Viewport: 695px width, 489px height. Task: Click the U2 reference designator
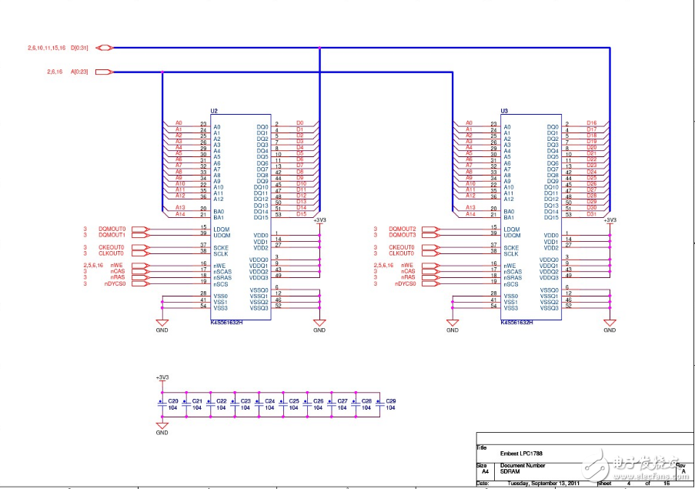point(215,111)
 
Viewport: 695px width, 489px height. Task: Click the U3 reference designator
point(504,111)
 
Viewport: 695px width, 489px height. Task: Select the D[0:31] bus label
point(79,48)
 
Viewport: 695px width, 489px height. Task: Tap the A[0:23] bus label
point(79,72)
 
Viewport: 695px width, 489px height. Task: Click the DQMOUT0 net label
point(112,229)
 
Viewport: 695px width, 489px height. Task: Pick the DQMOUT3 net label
point(403,235)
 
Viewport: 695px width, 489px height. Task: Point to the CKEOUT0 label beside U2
point(112,247)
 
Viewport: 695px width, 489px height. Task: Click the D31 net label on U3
point(592,214)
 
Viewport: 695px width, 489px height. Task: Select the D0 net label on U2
point(299,123)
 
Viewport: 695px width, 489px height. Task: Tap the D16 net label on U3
point(592,123)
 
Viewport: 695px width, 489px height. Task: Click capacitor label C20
point(173,401)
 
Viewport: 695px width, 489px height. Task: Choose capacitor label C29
point(390,401)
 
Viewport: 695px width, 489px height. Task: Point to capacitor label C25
point(293,401)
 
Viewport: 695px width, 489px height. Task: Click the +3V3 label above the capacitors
point(162,377)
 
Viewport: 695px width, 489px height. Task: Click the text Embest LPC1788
point(520,453)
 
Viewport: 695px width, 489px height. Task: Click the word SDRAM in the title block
point(510,471)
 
